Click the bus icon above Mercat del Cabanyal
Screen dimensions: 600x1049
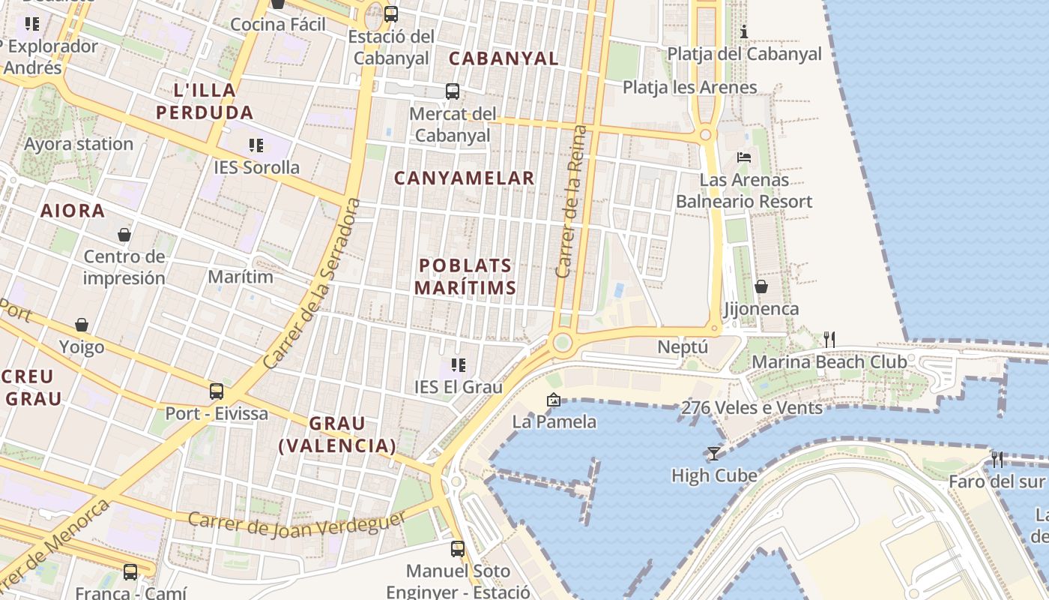click(453, 91)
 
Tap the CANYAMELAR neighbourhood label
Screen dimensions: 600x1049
click(464, 178)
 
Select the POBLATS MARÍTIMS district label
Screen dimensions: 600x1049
click(465, 276)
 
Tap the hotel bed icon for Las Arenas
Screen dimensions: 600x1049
click(744, 157)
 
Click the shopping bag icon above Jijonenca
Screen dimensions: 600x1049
click(761, 286)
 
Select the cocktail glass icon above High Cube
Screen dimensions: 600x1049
click(713, 453)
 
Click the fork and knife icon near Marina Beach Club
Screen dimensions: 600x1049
click(829, 340)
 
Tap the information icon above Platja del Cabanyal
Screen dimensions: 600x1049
click(744, 31)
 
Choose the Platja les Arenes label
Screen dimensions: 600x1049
click(689, 87)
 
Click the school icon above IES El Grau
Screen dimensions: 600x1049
click(459, 365)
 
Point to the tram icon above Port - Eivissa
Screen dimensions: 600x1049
click(217, 391)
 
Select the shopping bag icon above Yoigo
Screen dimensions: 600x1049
click(82, 325)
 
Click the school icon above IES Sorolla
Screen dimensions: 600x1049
click(256, 145)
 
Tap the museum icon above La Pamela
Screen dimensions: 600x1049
click(554, 400)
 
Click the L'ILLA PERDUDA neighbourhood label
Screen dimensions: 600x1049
click(205, 101)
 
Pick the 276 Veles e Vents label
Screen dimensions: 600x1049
click(752, 408)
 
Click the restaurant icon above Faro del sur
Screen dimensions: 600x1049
click(997, 459)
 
